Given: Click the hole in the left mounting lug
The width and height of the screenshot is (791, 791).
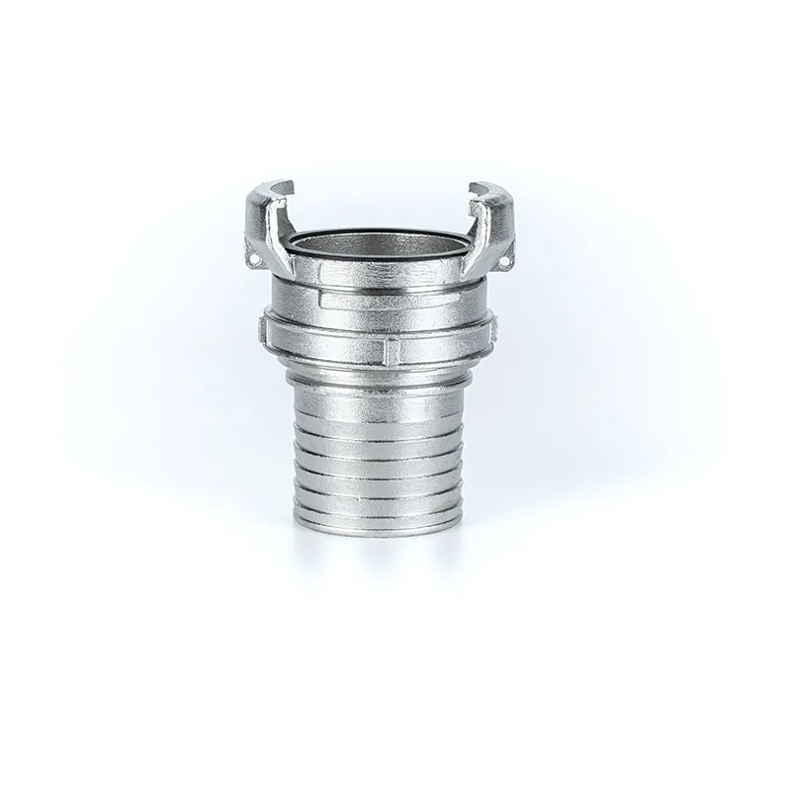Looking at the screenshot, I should coord(254,262).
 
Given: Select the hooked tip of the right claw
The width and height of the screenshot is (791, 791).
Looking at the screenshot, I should coord(482,187).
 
